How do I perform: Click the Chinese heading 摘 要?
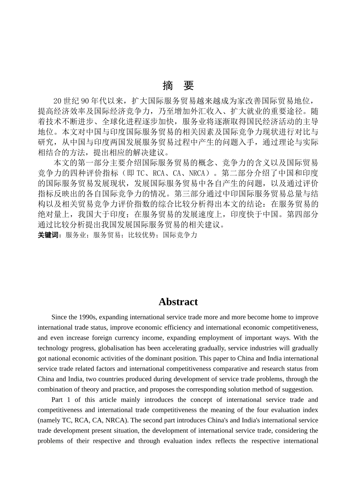tap(178, 86)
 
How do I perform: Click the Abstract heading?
tap(178, 302)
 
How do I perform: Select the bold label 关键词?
tap(49, 235)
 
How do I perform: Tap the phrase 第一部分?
tap(92, 163)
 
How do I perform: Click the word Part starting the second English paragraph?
tap(57, 400)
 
